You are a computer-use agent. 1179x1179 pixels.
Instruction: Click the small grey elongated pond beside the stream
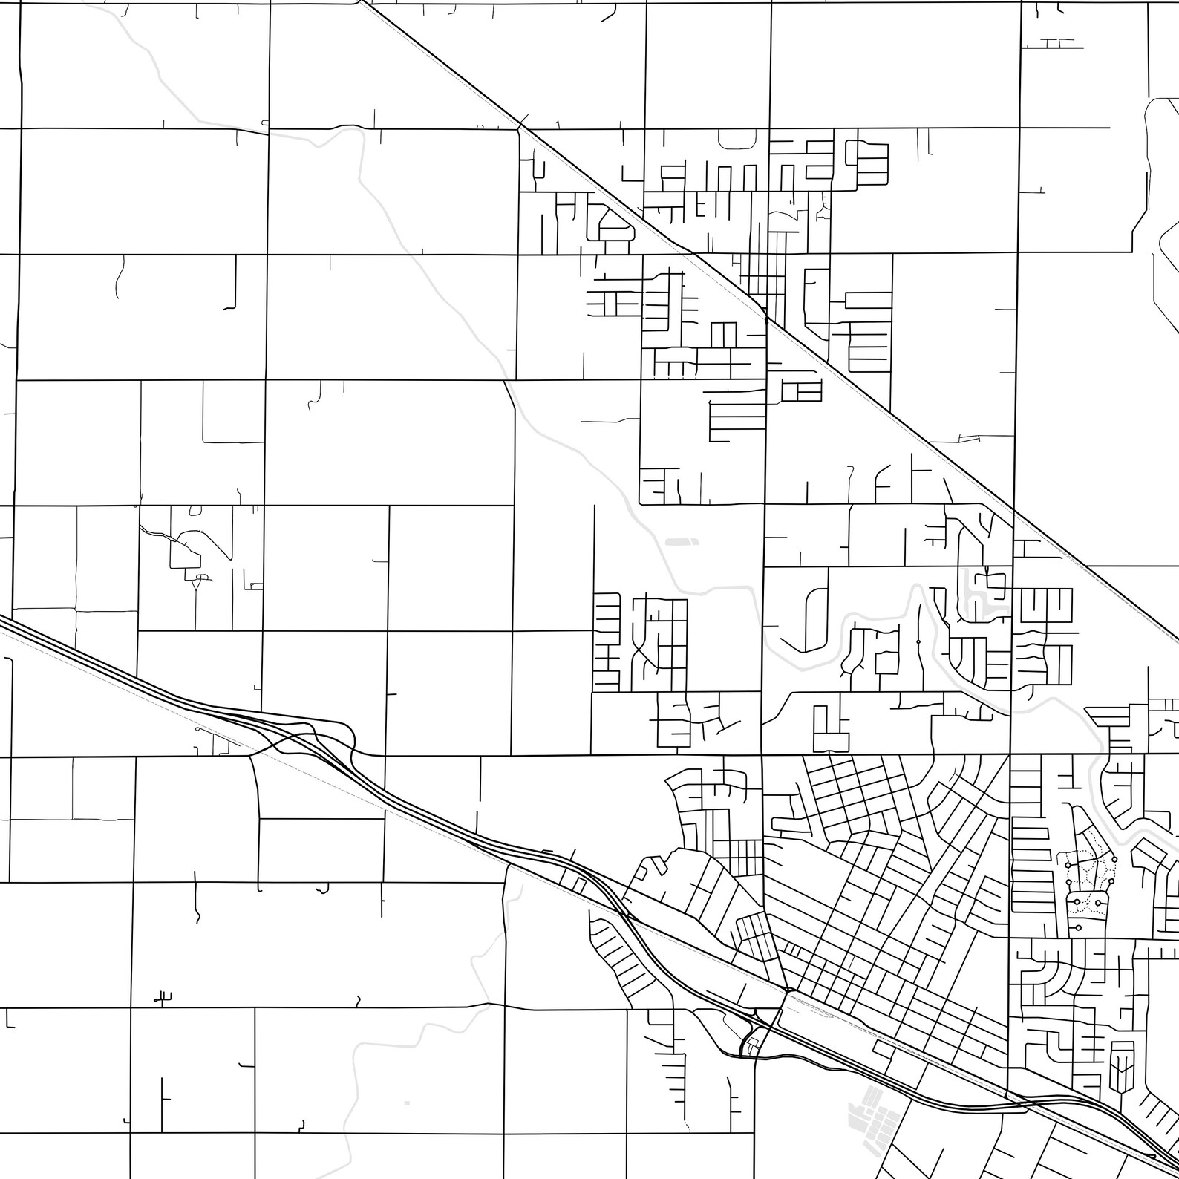pos(682,542)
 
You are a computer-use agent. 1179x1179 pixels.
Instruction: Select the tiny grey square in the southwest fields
pos(406,1103)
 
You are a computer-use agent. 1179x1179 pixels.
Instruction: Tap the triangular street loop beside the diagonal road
pos(610,225)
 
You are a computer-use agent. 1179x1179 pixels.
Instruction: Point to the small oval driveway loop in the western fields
pos(195,510)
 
